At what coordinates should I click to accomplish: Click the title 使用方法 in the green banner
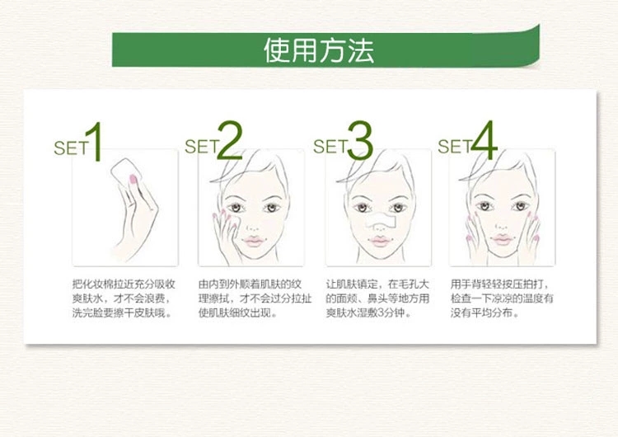click(x=318, y=51)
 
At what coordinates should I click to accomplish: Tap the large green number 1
click(x=94, y=142)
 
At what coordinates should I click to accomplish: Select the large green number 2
click(x=229, y=140)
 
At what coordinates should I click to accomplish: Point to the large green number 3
click(x=359, y=140)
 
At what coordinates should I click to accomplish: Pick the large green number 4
click(x=484, y=140)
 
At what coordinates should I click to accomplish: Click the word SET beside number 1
click(x=71, y=148)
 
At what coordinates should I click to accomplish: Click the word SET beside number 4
click(x=454, y=147)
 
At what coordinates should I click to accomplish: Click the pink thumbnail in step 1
click(x=133, y=180)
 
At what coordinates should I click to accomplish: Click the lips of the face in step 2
click(x=253, y=241)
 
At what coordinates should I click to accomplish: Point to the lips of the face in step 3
click(x=380, y=241)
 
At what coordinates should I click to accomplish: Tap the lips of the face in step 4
click(x=502, y=239)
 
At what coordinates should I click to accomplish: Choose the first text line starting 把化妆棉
click(x=124, y=284)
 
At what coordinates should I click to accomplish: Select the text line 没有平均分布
click(x=485, y=312)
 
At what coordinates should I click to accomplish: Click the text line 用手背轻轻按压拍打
click(x=500, y=284)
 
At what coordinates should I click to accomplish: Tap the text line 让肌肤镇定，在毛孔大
click(x=377, y=284)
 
